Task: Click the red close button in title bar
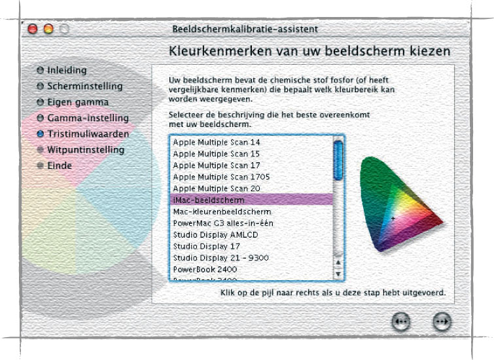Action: pos(33,29)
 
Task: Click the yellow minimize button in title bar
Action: pos(48,29)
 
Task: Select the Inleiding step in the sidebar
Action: pos(67,70)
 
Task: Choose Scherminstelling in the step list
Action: pos(84,86)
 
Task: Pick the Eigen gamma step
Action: pos(78,102)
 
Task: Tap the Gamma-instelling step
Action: pos(88,118)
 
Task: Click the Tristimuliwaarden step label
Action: pos(88,134)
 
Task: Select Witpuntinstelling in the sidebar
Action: pos(85,150)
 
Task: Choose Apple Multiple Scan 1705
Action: pos(221,177)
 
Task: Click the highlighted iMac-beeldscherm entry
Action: pos(209,200)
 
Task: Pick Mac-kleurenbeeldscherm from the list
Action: pos(222,211)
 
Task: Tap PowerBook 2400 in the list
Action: pos(205,269)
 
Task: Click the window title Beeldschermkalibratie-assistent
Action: pos(245,29)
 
